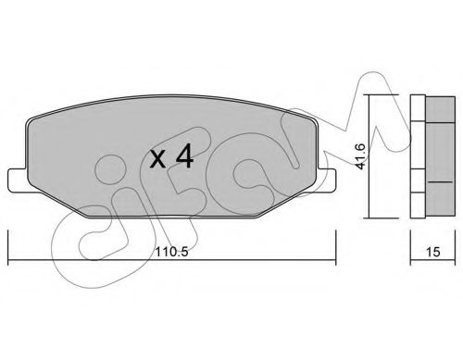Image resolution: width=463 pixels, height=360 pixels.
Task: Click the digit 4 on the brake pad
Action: pos(183,157)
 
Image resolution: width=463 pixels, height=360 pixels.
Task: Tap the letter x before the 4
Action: pos(158,160)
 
